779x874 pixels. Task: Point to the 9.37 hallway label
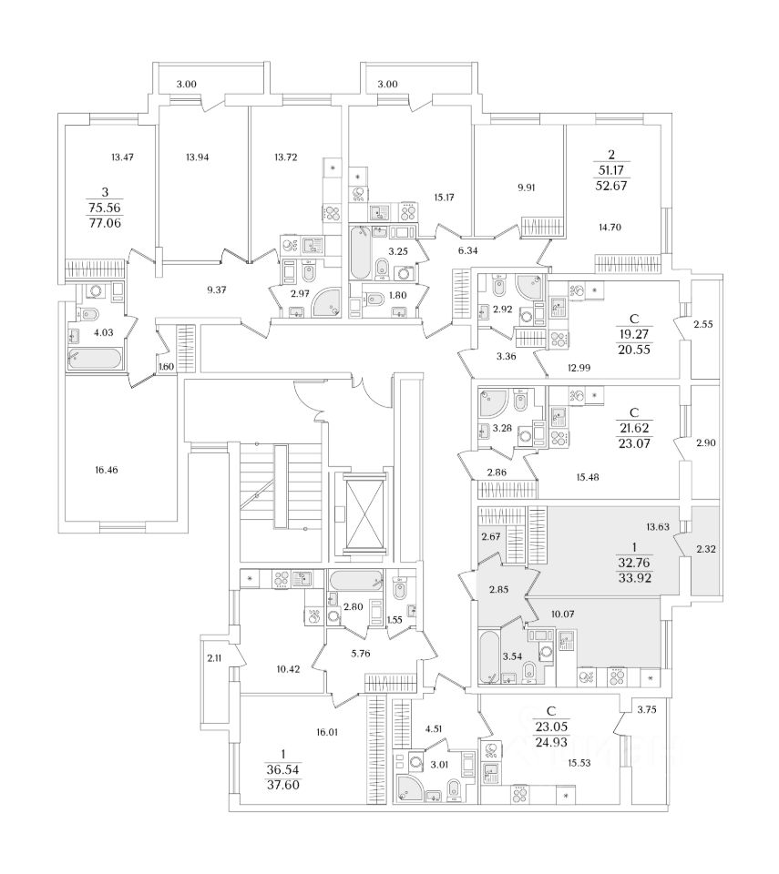[216, 290]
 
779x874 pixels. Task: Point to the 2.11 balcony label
[214, 659]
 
